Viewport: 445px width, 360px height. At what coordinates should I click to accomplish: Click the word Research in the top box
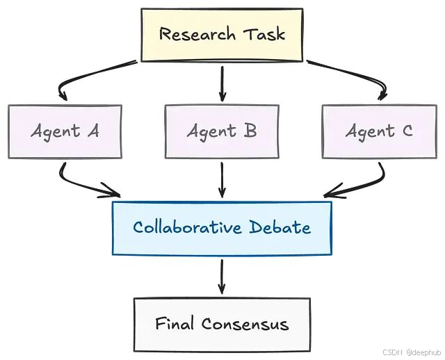click(x=197, y=34)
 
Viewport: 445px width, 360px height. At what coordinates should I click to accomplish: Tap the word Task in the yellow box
click(x=264, y=34)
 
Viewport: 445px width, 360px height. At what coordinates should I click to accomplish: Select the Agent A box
click(x=65, y=131)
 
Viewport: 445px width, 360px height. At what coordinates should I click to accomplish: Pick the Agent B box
click(x=222, y=131)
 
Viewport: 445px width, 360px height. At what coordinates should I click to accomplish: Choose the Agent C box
click(x=380, y=131)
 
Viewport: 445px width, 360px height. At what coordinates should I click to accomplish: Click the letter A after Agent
click(x=93, y=131)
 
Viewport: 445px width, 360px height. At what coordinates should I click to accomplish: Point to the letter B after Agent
click(x=250, y=131)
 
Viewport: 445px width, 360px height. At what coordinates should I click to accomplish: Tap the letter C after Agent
click(x=407, y=131)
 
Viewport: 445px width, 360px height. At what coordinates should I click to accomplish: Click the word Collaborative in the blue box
click(x=187, y=227)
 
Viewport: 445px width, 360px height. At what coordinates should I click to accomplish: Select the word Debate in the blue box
click(x=280, y=227)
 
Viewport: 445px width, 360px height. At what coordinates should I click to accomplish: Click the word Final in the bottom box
click(x=175, y=323)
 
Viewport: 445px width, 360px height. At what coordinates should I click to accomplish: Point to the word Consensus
click(x=245, y=324)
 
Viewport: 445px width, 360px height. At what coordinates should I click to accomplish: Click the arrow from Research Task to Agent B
click(x=222, y=84)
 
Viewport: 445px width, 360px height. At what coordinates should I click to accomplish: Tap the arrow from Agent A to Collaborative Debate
click(x=76, y=184)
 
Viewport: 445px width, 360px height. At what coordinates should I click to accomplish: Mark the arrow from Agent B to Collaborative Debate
click(x=222, y=180)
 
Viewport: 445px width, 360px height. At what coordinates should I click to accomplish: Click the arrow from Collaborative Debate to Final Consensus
click(x=222, y=277)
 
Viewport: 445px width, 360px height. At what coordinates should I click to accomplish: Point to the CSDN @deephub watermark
click(x=411, y=352)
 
